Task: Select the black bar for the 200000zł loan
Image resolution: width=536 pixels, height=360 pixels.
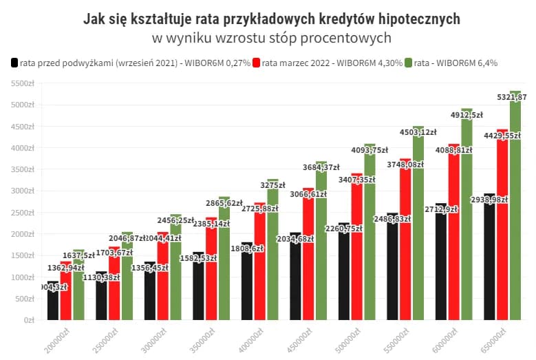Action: [x=53, y=303]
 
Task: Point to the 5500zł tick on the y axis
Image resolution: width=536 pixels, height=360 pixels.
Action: [x=23, y=83]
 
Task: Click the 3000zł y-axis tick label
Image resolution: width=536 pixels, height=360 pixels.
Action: [x=23, y=191]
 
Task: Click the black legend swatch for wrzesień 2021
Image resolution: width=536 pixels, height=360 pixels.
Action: [x=14, y=63]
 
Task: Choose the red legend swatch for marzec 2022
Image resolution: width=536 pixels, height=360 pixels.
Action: [x=257, y=63]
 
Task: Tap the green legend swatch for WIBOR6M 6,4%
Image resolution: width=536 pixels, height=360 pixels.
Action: [x=408, y=63]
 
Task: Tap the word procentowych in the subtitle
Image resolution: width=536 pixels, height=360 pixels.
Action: [x=351, y=37]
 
